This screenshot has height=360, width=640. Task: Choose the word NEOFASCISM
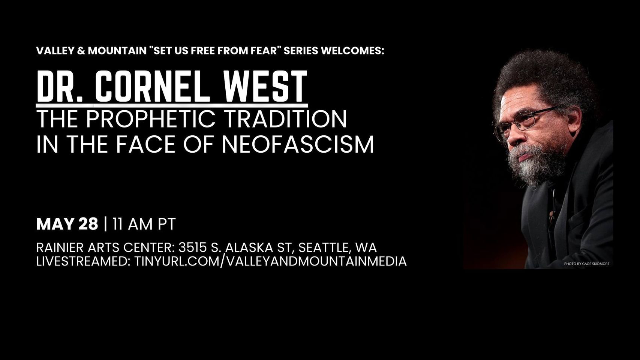click(x=298, y=144)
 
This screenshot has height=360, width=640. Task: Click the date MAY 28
click(x=67, y=224)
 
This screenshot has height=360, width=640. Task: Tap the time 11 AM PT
click(x=144, y=224)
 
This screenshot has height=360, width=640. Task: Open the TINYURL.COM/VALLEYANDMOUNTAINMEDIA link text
click(x=270, y=261)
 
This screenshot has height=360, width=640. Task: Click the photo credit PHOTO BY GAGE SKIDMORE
click(x=586, y=264)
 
